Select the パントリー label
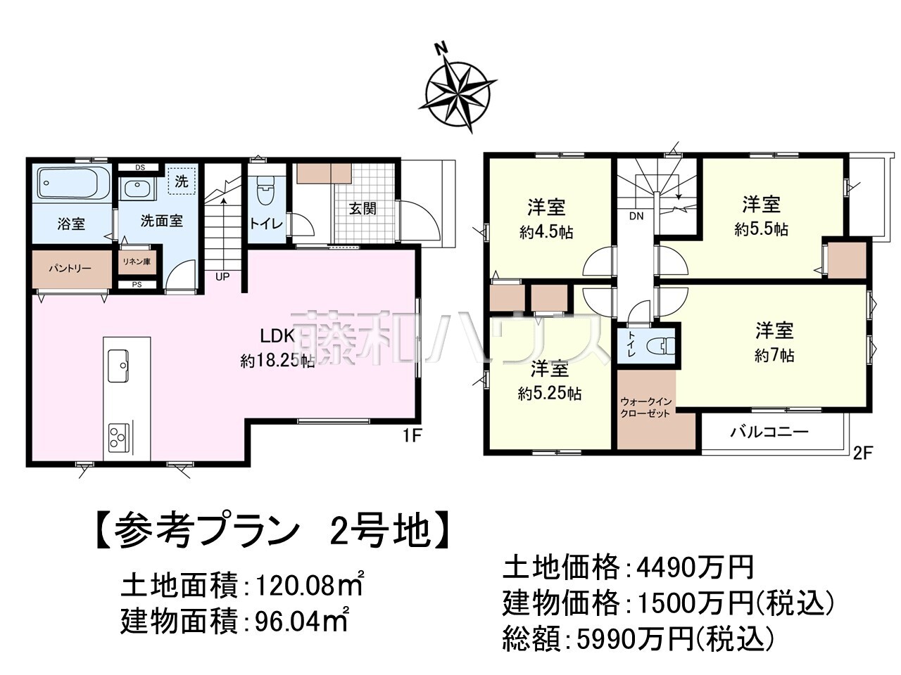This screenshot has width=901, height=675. click(x=70, y=269)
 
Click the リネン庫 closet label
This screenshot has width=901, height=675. click(x=137, y=262)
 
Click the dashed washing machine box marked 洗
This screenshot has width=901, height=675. click(x=182, y=181)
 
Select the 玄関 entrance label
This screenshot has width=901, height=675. click(x=363, y=208)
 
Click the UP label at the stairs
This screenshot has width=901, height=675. click(x=222, y=277)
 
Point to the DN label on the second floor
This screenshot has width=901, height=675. click(x=636, y=217)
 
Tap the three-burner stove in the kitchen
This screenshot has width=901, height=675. click(x=118, y=438)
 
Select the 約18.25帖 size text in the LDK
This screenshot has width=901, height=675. click(x=277, y=361)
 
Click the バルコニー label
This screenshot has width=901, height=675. click(x=769, y=432)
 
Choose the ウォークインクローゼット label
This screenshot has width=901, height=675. click(x=646, y=408)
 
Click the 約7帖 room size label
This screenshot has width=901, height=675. click(x=774, y=356)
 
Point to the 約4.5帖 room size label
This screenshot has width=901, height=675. click(x=546, y=232)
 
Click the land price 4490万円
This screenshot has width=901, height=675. click(x=695, y=566)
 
